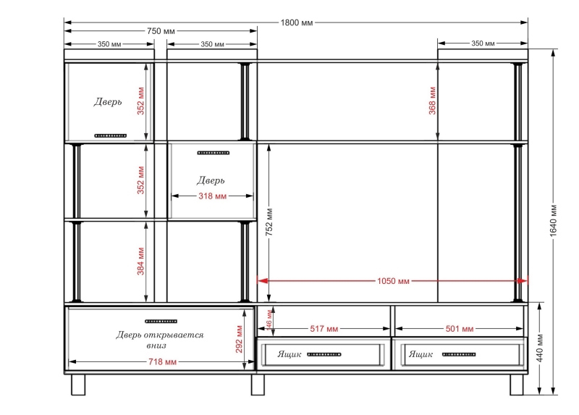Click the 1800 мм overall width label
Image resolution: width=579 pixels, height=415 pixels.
point(297,23)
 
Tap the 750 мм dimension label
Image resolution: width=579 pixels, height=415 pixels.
point(161,31)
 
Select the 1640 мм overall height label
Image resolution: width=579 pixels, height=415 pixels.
point(553,220)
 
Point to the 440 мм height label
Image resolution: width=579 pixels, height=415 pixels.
point(539,348)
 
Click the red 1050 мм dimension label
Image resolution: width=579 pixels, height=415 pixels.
point(393,281)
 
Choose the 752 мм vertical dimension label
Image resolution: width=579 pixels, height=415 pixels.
point(269,222)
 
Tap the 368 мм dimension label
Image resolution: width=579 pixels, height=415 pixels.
point(432,101)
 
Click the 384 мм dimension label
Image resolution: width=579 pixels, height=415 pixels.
point(140,261)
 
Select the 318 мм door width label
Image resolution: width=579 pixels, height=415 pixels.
point(212,196)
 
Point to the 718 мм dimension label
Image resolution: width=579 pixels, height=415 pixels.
point(162,362)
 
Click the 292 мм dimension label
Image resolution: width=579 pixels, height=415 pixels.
point(239,339)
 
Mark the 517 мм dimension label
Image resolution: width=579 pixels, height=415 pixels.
point(324,329)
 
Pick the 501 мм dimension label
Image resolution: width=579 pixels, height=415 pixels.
point(460,329)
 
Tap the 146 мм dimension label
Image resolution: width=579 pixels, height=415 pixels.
point(269,319)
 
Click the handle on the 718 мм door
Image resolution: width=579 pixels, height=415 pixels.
point(161,321)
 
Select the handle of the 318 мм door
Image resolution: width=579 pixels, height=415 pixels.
point(214,153)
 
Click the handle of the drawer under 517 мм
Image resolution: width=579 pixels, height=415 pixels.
point(324,354)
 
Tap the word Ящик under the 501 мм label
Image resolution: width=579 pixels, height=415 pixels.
point(420,354)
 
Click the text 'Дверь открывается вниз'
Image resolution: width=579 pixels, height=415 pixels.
point(159,340)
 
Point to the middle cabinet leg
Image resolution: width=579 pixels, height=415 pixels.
point(258,385)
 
